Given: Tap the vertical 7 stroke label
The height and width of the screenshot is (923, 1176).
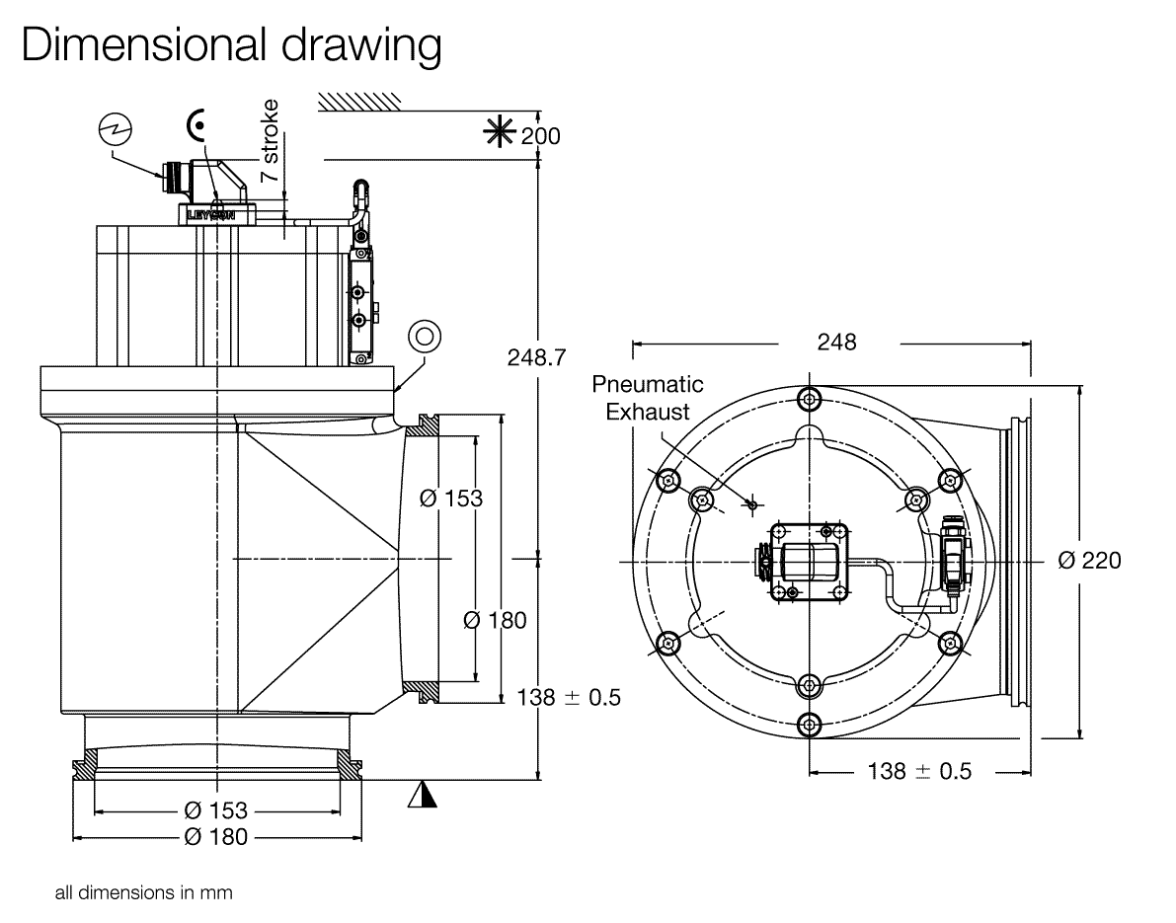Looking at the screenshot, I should tap(270, 138).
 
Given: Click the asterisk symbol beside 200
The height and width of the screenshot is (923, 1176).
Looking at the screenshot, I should tap(503, 134).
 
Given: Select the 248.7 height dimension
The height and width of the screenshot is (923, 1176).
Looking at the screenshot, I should tap(536, 356).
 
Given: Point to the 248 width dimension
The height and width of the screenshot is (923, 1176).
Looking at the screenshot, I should tap(836, 343).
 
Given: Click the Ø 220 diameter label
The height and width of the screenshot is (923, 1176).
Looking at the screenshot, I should tap(1089, 560).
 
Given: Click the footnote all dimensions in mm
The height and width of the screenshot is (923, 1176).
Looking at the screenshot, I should tap(143, 893).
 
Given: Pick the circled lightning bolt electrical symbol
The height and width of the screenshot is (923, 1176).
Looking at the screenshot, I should tap(116, 127).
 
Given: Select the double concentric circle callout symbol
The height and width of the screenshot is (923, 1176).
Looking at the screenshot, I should tap(426, 336).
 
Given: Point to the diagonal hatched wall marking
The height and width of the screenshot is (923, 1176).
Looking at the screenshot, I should tap(358, 99).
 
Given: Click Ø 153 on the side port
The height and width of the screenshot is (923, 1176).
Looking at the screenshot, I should tap(451, 498).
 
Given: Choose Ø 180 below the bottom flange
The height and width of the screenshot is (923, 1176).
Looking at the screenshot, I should tap(215, 837).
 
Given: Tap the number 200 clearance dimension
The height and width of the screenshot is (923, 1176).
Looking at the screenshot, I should tap(541, 135).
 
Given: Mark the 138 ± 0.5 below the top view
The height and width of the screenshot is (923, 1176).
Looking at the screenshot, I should tap(918, 771).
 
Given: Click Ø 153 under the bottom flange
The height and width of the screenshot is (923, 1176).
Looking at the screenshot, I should tap(215, 810).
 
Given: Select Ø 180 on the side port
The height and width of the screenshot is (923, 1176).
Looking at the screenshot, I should tap(495, 620).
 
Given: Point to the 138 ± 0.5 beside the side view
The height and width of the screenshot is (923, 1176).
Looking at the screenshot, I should tap(569, 697).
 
